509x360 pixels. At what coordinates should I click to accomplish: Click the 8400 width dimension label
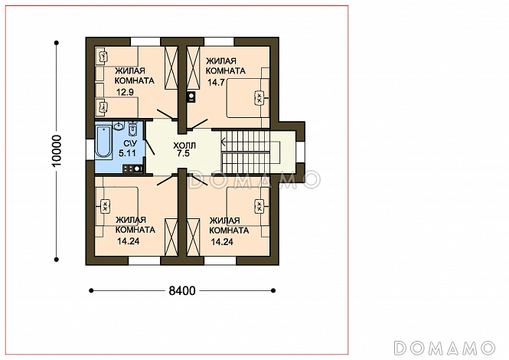pyautogui.click(x=182, y=290)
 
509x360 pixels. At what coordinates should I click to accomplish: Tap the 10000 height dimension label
pyautogui.click(x=57, y=151)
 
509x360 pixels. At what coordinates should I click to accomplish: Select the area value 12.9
pyautogui.click(x=125, y=92)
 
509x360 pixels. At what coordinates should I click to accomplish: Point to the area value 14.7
pyautogui.click(x=216, y=82)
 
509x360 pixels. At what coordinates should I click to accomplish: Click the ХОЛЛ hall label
pyautogui.click(x=184, y=145)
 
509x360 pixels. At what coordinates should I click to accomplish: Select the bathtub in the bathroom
pyautogui.click(x=103, y=142)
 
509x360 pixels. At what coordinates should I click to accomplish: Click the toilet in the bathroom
pyautogui.click(x=132, y=129)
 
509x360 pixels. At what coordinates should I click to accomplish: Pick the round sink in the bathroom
pyautogui.click(x=119, y=126)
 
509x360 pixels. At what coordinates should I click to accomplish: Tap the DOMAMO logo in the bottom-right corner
pyautogui.click(x=445, y=348)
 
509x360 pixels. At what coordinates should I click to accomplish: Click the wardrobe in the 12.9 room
pyautogui.click(x=171, y=67)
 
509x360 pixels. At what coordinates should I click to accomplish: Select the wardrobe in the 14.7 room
pyautogui.click(x=193, y=67)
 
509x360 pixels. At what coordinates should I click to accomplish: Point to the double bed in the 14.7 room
pyautogui.click(x=248, y=98)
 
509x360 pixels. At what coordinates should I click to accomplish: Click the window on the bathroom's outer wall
pyautogui.click(x=90, y=150)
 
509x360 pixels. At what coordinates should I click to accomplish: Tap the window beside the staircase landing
pyautogui.click(x=301, y=152)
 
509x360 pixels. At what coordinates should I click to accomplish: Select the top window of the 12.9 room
pyautogui.click(x=145, y=41)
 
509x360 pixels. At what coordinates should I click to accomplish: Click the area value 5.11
pyautogui.click(x=127, y=153)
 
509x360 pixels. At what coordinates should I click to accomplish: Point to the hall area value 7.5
pyautogui.click(x=184, y=154)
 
